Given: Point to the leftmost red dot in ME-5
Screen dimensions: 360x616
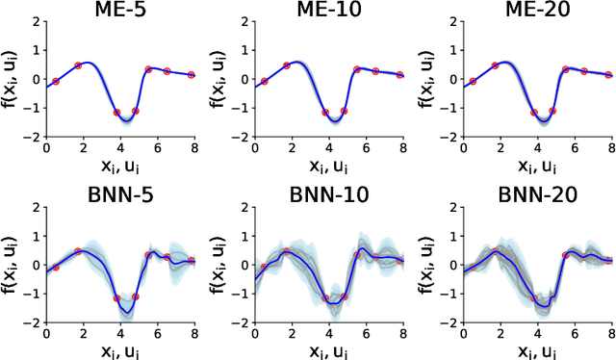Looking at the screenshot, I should click(55, 82).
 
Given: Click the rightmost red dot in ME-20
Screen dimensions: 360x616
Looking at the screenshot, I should click(608, 74).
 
